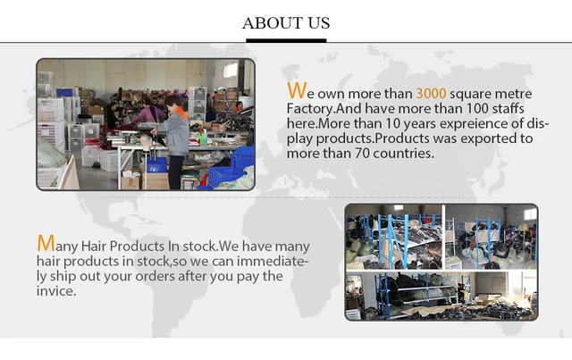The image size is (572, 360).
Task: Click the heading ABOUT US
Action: pos(286,23)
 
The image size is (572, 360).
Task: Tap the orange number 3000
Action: pos(431,94)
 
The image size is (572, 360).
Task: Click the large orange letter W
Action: pos(296,90)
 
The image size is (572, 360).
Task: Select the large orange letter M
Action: pos(46,243)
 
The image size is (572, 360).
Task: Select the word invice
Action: pos(56,291)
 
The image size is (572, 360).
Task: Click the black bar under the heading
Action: pos(286,40)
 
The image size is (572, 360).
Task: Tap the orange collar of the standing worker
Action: pos(181,112)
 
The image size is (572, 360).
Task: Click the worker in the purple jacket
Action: pos(148,113)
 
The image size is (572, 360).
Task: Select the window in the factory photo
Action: pos(231,70)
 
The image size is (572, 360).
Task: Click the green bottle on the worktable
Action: pos(201,138)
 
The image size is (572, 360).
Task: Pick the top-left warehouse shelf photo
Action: pos(393,237)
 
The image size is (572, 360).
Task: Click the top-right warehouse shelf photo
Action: pos(491,237)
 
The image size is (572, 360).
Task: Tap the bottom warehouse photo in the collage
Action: pos(442,296)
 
